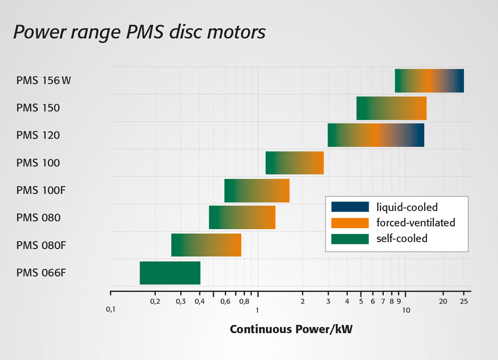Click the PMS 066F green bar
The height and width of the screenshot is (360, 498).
pyautogui.click(x=170, y=273)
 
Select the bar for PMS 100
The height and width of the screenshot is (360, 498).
pyautogui.click(x=294, y=163)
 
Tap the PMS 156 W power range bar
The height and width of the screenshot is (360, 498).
pyautogui.click(x=429, y=81)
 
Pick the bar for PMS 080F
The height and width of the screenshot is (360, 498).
pyautogui.click(x=206, y=245)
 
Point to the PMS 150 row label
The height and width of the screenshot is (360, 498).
pyautogui.click(x=38, y=108)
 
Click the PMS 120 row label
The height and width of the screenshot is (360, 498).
pyautogui.click(x=38, y=135)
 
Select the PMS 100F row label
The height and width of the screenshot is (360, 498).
pyautogui.click(x=41, y=190)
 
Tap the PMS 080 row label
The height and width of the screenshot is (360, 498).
pyautogui.click(x=39, y=217)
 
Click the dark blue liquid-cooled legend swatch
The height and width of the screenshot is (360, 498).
pyautogui.click(x=350, y=207)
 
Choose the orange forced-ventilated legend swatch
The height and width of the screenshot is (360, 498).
pyautogui.click(x=350, y=223)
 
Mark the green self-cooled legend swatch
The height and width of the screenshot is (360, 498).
pyautogui.click(x=350, y=238)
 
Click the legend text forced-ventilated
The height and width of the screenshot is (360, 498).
pyautogui.click(x=415, y=223)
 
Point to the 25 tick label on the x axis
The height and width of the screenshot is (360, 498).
pyautogui.click(x=464, y=301)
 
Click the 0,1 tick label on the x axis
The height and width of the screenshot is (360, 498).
pyautogui.click(x=111, y=309)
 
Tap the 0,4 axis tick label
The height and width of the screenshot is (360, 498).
pyautogui.click(x=200, y=301)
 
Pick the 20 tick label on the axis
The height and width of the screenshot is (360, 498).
pyautogui.click(x=443, y=301)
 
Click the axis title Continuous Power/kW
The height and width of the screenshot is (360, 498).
pyautogui.click(x=291, y=330)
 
